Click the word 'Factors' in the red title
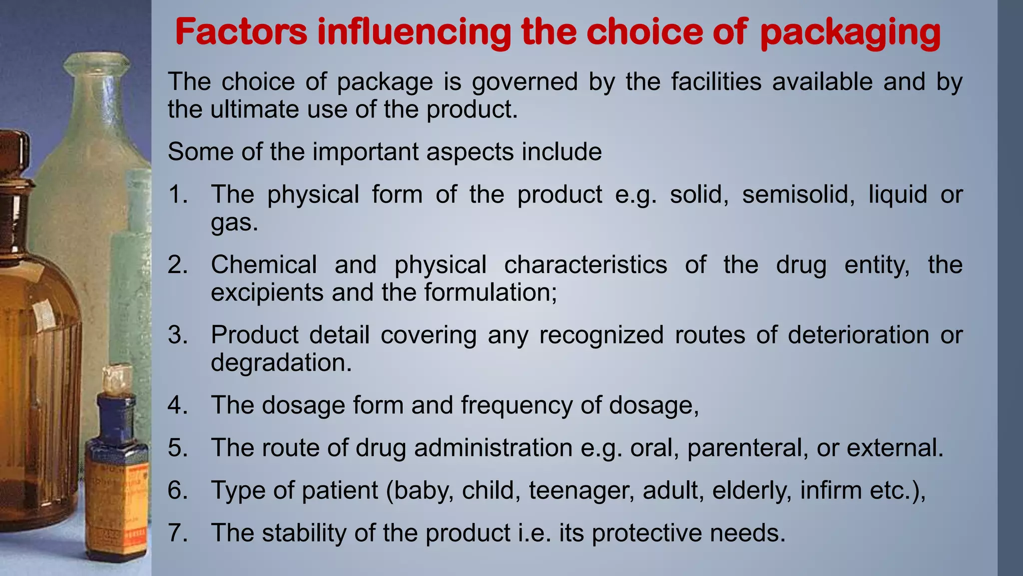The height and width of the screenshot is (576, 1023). coord(241,32)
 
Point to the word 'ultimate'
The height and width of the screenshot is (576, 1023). coord(254,109)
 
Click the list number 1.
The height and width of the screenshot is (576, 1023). coord(177,194)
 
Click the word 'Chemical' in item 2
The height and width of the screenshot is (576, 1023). coord(264,264)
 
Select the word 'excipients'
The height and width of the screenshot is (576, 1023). coord(267,292)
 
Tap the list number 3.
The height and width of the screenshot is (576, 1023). coord(177,334)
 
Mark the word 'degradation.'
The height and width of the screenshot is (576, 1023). coord(281,362)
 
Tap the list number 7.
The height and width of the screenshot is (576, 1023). coord(177,532)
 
